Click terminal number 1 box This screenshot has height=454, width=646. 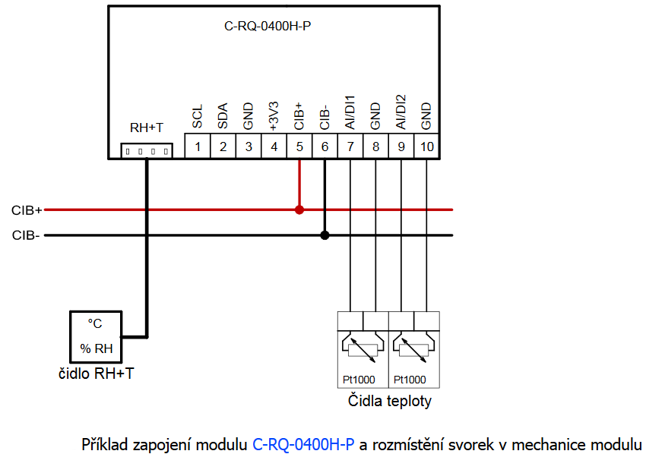198,147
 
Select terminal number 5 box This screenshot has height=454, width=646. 299,147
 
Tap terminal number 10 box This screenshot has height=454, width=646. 427,147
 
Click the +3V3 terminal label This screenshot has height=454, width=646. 274,114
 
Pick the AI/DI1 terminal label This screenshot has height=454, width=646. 350,112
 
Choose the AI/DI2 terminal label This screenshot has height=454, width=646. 401,112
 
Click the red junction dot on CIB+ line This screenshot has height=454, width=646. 299,210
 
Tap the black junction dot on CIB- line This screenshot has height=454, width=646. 325,235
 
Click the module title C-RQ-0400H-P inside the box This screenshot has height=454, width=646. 268,26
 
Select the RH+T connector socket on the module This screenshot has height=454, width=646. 146,151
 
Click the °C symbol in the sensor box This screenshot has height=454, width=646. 95,323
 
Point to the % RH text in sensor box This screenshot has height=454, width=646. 96,348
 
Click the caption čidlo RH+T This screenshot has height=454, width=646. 97,373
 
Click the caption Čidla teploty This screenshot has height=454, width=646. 389,401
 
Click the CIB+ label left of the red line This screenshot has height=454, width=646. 27,210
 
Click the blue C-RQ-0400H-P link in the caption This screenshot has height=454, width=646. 303,443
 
